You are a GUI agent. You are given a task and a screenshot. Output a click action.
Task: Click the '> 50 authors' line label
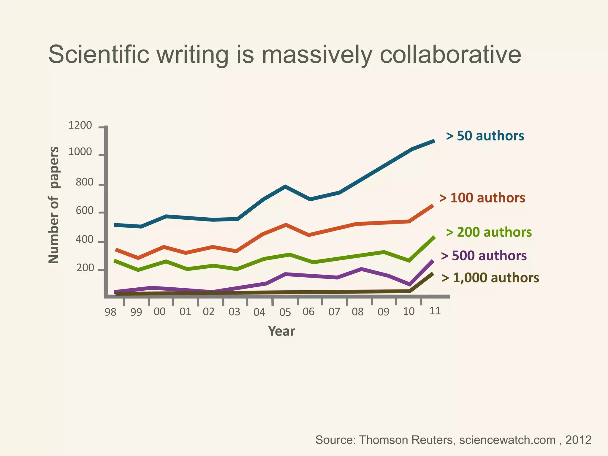point(485,136)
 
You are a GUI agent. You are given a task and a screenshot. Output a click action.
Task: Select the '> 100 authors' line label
point(482,198)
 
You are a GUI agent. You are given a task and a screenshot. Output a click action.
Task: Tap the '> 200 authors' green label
point(489,232)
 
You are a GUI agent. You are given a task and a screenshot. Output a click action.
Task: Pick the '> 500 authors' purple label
point(484,256)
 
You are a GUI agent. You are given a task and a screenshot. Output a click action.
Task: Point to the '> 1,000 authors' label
point(490,278)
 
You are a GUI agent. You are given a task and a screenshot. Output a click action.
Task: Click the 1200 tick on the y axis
point(80,126)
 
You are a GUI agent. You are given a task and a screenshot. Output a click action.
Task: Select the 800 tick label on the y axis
point(84,182)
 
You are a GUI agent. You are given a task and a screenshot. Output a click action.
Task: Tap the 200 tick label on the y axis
point(85,268)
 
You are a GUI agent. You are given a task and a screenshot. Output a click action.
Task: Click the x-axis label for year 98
point(110,312)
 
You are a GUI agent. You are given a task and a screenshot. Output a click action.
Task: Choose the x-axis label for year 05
point(285,312)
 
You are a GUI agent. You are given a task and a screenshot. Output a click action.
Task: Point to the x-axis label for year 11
point(435,311)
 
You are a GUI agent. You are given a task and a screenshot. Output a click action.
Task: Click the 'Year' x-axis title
point(281,331)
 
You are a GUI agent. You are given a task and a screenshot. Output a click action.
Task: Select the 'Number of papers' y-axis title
point(54,205)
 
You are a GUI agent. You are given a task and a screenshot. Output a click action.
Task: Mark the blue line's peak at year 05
point(285,186)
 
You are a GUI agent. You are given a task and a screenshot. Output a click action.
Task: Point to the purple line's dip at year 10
point(410,284)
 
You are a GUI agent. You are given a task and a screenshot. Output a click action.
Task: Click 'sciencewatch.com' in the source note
point(507,440)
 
